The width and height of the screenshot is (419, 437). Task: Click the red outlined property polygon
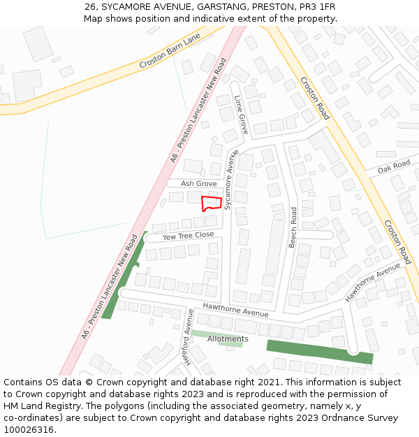[x=212, y=203]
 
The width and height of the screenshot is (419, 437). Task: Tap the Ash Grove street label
[x=199, y=184]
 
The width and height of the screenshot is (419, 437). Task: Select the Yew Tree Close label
[x=188, y=236]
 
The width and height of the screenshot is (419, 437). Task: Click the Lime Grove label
[x=241, y=115]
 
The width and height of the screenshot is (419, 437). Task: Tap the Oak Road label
[x=394, y=167]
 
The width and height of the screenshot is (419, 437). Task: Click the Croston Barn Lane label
[x=170, y=50]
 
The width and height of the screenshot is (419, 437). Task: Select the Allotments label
[x=228, y=339]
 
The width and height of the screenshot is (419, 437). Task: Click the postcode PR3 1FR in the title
[x=318, y=7]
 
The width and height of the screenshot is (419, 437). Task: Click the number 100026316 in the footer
[x=29, y=430]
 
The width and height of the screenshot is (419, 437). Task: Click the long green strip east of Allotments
[x=319, y=352]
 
